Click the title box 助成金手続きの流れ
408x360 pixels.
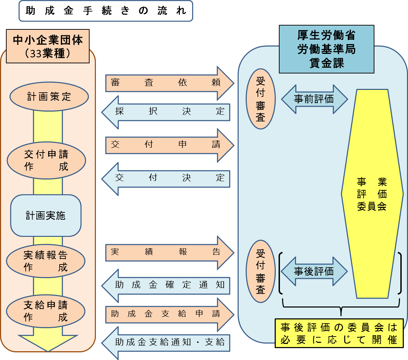pos(106,11)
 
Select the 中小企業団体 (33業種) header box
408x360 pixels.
pos(48,46)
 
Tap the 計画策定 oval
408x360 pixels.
pos(49,97)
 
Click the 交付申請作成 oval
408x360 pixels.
pos(46,160)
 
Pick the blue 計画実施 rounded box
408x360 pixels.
pos(46,215)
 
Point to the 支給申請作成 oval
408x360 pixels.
pos(46,311)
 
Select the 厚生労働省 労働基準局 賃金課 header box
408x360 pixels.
pos(326,49)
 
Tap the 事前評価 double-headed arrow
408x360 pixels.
pos(314,99)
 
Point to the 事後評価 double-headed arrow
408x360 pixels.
pos(314,271)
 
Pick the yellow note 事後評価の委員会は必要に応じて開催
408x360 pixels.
pos(339,333)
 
